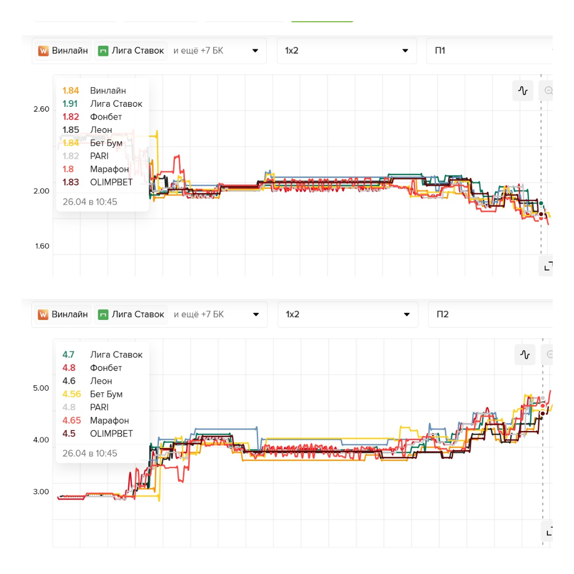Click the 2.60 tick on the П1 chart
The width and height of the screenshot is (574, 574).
tap(41, 109)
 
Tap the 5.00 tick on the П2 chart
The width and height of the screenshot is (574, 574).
tap(41, 388)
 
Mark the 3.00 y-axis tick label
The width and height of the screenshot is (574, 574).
tap(41, 492)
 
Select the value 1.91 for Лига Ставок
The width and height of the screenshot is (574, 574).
tap(70, 104)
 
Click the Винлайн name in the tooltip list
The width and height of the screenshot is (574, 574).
tap(108, 91)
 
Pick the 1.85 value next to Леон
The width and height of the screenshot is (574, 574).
tap(71, 130)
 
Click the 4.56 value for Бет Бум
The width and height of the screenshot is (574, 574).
tap(72, 394)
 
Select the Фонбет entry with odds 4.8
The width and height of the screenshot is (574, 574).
tap(106, 368)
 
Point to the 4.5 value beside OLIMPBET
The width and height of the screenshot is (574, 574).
tap(69, 434)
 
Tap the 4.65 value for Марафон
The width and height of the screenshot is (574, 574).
tap(72, 420)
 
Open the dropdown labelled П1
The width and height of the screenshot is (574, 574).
tap(489, 50)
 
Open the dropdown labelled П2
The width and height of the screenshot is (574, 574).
tap(489, 314)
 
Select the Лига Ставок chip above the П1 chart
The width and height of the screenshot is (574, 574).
tap(131, 51)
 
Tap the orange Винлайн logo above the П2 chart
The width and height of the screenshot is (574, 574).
tap(44, 314)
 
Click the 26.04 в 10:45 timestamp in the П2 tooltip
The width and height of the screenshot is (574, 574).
tap(90, 453)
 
